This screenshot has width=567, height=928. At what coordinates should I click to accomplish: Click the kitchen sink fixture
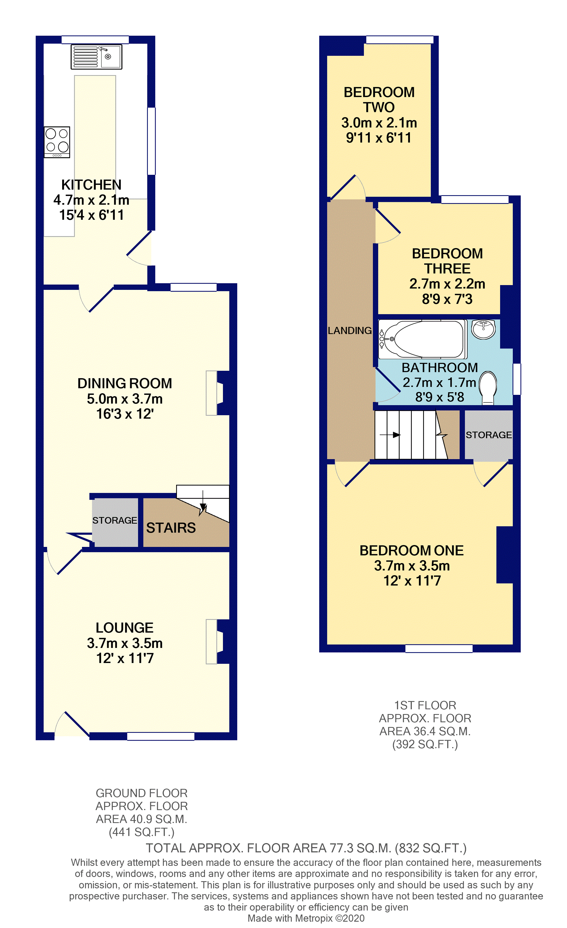pos(96,57)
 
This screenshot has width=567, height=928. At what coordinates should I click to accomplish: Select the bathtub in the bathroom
pos(422,339)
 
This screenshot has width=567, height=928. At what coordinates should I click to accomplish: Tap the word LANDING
pos(349,331)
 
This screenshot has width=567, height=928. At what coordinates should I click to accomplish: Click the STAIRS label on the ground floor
pos(171,528)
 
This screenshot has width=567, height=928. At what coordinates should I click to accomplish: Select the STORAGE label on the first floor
pos(488,435)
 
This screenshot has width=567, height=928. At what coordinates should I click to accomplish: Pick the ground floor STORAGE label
pos(115,521)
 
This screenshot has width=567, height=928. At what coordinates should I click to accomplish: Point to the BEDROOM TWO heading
pos(379,100)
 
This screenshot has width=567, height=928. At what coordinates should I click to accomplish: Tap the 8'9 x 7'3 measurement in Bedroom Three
pos(447,299)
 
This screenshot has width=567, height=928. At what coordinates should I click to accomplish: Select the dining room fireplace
pos(216,393)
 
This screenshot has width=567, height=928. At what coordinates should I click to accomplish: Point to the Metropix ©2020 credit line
pos(306,918)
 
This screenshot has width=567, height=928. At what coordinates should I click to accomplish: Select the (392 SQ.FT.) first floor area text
pos(425,745)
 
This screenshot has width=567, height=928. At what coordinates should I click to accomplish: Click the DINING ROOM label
pos(125,383)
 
